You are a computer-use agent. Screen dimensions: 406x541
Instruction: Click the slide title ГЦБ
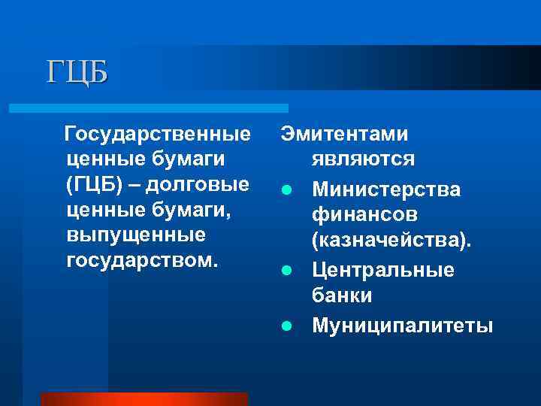point(77,72)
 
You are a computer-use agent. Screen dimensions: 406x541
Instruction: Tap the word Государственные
point(158,135)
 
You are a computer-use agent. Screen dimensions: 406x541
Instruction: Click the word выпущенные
point(136,236)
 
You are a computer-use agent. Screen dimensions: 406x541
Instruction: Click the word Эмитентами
point(345,135)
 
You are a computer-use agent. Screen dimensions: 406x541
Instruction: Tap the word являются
point(363,160)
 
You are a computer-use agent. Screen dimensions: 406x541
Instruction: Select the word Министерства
point(386,189)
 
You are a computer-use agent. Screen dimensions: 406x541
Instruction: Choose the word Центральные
point(383,270)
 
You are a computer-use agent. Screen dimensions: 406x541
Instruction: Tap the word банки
point(342,296)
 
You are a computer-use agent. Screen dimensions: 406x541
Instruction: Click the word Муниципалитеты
point(403,325)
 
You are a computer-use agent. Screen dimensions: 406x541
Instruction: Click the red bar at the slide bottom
point(144,398)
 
